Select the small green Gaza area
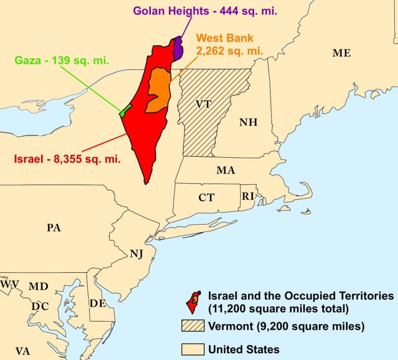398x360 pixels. pos(123,110)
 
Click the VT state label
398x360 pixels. pos(203,104)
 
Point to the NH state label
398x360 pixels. pos(248,122)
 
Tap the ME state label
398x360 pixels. pos(342,53)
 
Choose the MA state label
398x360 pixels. pos(226,170)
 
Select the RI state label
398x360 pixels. pos(248,196)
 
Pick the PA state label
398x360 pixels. pos(54,228)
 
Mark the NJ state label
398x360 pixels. pos(136,253)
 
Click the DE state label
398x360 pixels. pos(97,303)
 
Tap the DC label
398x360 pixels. pos(40,307)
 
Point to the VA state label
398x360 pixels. pos(22,351)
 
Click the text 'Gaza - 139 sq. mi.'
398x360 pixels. pos(61,60)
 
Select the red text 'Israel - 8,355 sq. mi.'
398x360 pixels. pos(67,159)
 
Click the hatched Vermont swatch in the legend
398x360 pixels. pos(192,327)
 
